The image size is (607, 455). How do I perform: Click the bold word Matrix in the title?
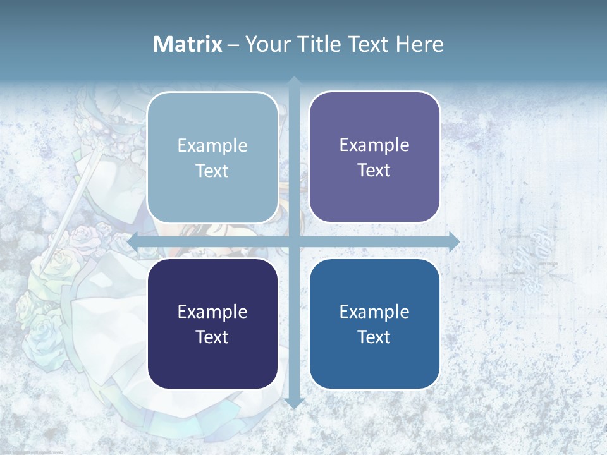pos(188,44)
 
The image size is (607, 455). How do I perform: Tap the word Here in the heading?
pos(419,44)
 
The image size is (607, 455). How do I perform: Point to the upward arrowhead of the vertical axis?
pos(293,82)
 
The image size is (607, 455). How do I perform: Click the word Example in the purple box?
pos(374,145)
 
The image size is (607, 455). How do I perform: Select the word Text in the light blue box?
pos(212,171)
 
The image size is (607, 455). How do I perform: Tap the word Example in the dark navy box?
pos(212,312)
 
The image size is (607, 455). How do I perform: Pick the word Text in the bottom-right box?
pos(374,337)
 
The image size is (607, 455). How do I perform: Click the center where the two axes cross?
pos(293,241)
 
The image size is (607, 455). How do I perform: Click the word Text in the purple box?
pos(374,171)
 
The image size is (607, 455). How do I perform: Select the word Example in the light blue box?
pos(212,146)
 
